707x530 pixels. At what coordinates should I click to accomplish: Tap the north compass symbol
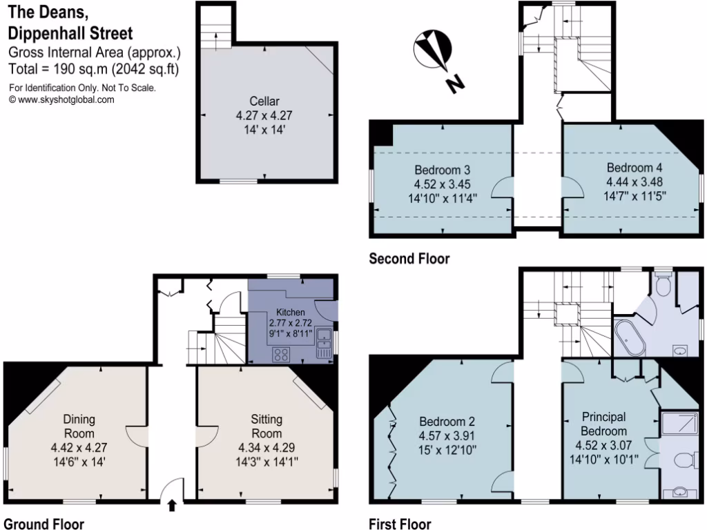434,50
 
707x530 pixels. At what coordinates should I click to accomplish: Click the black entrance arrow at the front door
172,507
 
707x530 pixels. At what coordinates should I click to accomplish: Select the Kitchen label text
290,313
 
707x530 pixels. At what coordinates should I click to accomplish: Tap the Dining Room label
79,426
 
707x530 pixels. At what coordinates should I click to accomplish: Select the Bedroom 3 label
443,170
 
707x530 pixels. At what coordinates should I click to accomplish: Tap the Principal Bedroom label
603,424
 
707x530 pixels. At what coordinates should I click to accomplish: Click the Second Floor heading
409,259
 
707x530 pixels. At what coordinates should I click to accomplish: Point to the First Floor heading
400,524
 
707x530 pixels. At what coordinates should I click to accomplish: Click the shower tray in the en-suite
679,424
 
